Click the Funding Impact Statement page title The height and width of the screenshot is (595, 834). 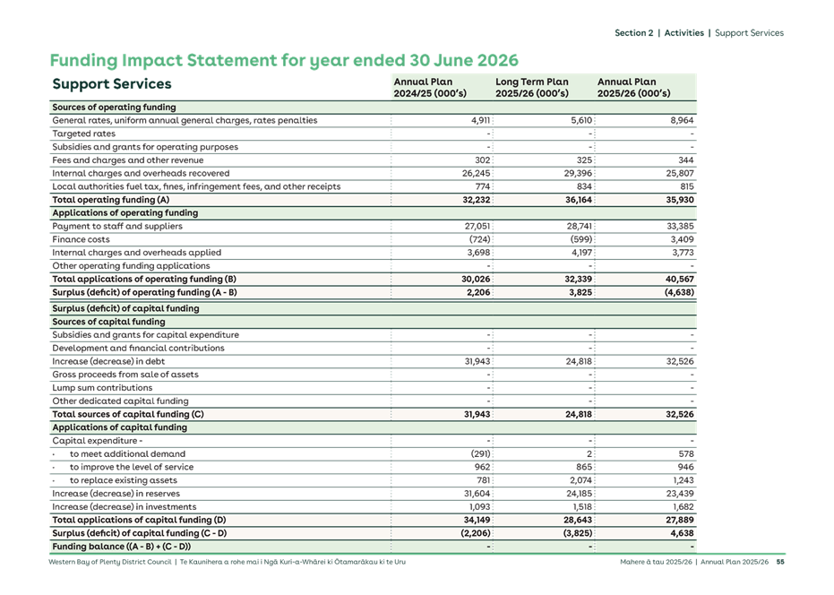pos(285,61)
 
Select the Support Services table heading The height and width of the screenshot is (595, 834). pos(112,85)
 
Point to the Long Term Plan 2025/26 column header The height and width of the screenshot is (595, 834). pos(532,87)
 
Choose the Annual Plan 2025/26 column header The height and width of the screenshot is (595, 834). pos(633,87)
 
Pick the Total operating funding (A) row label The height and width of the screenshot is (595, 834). pos(110,200)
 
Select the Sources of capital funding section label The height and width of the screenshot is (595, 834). pos(108,322)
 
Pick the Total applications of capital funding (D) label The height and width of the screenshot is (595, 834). pos(139,520)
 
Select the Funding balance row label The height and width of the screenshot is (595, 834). pos(121,547)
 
